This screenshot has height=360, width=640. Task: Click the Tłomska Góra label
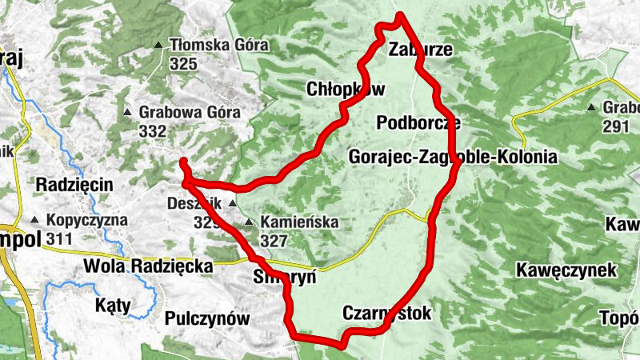[218, 45]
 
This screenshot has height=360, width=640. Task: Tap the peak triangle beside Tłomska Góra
[160, 45]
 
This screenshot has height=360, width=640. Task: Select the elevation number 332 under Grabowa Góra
[152, 130]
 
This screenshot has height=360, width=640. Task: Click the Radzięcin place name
[75, 184]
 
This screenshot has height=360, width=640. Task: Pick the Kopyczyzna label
[88, 220]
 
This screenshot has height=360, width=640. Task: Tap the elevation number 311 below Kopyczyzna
[59, 238]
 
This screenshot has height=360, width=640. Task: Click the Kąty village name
[112, 306]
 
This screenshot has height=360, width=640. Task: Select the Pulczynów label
[207, 318]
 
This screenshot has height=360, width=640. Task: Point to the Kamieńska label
[298, 222]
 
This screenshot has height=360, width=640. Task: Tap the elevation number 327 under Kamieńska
[274, 240]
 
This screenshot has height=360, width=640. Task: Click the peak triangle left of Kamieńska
[249, 222]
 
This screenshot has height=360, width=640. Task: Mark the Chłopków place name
[346, 89]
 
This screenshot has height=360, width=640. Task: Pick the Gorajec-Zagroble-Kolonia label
[453, 157]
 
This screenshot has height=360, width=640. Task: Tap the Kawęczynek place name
[566, 270]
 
